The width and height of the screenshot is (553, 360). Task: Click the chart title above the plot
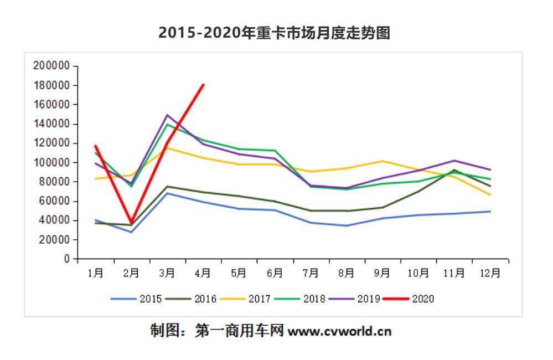275,33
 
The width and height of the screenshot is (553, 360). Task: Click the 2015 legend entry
138,299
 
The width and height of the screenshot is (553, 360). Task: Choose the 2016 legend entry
193,299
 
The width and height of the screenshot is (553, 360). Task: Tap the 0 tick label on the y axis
66,259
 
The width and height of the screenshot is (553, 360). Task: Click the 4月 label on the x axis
203,272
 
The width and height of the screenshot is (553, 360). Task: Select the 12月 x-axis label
490,272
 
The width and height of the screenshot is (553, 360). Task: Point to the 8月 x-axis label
347,272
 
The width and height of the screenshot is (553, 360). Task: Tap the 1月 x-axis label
95,272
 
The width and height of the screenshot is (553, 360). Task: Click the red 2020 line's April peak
203,85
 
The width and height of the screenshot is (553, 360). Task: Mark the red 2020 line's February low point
132,223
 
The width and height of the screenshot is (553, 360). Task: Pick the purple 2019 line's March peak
167,115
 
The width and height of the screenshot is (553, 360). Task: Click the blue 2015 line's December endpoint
490,212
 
